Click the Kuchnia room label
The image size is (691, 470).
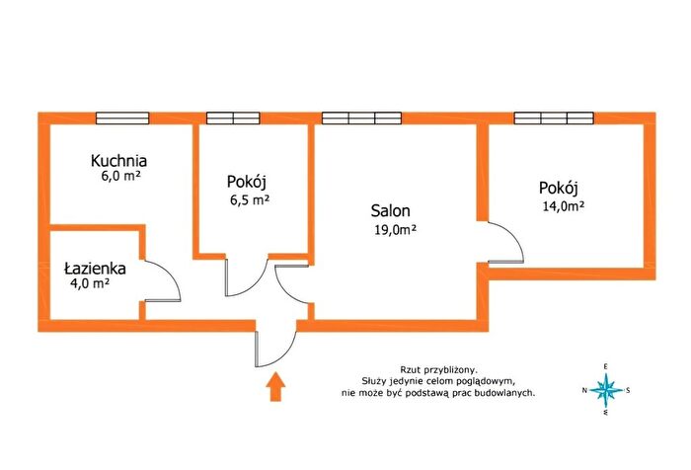click(118, 161)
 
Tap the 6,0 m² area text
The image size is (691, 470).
click(120, 176)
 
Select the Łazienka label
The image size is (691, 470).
click(95, 268)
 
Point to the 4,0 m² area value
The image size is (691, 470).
click(90, 283)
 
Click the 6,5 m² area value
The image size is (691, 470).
click(250, 200)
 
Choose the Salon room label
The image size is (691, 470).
click(391, 210)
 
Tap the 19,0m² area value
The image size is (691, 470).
click(395, 230)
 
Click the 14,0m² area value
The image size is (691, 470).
click(564, 206)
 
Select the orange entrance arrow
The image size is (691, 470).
click(275, 386)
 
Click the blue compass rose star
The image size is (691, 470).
click(606, 390)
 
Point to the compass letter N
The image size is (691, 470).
click(584, 390)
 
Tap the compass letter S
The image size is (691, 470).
click(628, 390)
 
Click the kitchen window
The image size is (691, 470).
click(122, 118)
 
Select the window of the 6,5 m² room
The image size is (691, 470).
click(233, 118)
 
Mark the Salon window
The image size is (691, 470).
click(362, 118)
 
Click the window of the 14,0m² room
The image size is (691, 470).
click(554, 118)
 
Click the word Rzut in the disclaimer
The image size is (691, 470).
click(408, 369)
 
